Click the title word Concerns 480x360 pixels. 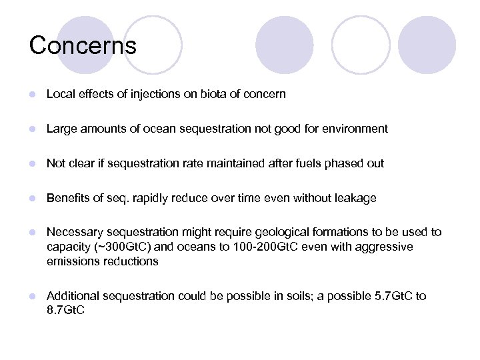[83, 45]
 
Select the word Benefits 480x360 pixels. [68, 198]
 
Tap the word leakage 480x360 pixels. [354, 198]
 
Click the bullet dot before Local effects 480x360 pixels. [31, 95]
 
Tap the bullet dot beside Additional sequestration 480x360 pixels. [31, 296]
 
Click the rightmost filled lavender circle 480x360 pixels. [427, 45]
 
